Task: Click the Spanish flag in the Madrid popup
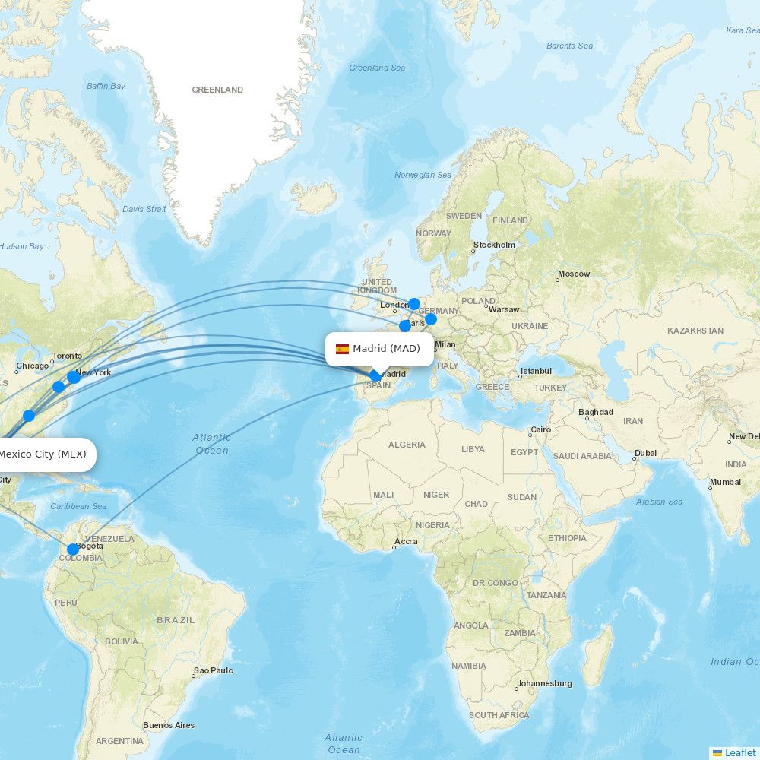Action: [x=342, y=349]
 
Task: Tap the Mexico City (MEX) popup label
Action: [x=43, y=454]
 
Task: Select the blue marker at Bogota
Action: [x=72, y=549]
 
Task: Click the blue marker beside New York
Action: [x=73, y=377]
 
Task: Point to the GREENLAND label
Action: [x=217, y=90]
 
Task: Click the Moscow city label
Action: [x=574, y=274]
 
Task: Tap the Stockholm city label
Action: [x=494, y=245]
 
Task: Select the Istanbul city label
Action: [x=536, y=372]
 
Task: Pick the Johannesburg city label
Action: [x=545, y=683]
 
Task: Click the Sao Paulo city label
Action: [x=214, y=670]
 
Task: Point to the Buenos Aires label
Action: [x=169, y=725]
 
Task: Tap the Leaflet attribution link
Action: [x=739, y=752]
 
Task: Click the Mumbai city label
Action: [x=725, y=482]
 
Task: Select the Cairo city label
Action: [x=541, y=429]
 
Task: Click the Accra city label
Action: [x=406, y=541]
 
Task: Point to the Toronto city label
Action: [x=67, y=356]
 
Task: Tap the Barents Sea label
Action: [x=569, y=46]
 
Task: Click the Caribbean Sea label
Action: [x=78, y=506]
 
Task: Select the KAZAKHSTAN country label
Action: [x=695, y=331]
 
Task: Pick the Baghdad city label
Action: [x=595, y=412]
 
